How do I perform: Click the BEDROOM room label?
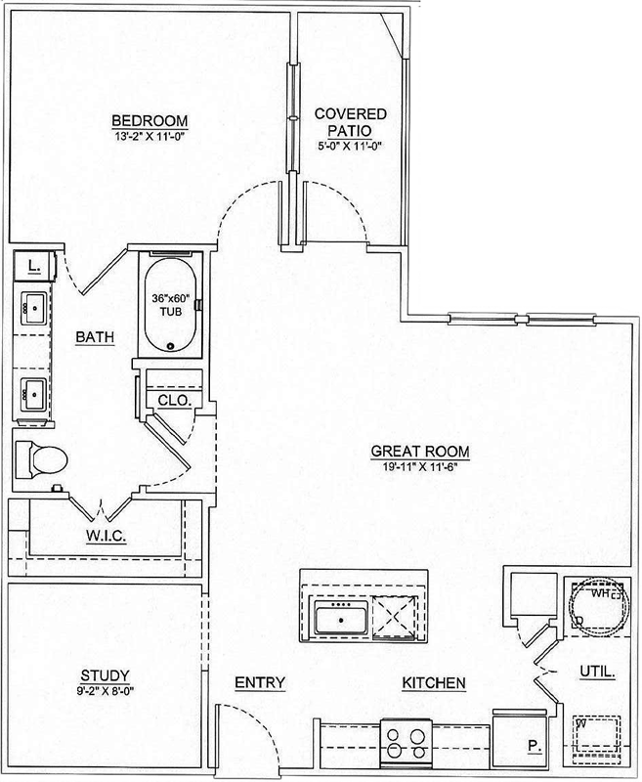pyautogui.click(x=150, y=120)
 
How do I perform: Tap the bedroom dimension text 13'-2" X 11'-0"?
pyautogui.click(x=150, y=137)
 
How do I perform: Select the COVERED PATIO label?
pyautogui.click(x=350, y=123)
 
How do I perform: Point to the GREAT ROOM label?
pyautogui.click(x=420, y=452)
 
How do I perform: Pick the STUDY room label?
pyautogui.click(x=106, y=675)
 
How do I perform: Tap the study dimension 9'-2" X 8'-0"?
pyautogui.click(x=106, y=691)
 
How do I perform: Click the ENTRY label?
pyautogui.click(x=260, y=682)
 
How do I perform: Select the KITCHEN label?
pyautogui.click(x=434, y=682)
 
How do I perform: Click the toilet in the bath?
pyautogui.click(x=41, y=458)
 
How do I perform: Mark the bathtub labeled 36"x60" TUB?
pyautogui.click(x=170, y=305)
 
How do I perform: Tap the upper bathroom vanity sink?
pyautogui.click(x=34, y=308)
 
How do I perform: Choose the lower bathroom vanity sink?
pyautogui.click(x=34, y=395)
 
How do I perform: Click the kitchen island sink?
pyautogui.click(x=341, y=618)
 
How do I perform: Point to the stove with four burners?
pyautogui.click(x=407, y=743)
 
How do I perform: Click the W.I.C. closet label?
pyautogui.click(x=106, y=536)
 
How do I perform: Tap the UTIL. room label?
pyautogui.click(x=598, y=672)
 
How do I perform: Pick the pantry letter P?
pyautogui.click(x=535, y=746)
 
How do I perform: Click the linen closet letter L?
pyautogui.click(x=34, y=266)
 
